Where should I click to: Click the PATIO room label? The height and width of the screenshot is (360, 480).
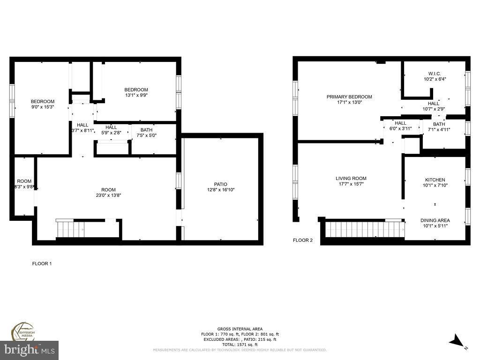coord(220,184)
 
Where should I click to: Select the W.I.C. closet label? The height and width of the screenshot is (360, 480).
coord(435,74)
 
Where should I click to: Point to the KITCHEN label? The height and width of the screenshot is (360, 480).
coord(435,180)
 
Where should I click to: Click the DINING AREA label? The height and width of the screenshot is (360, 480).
coord(435,220)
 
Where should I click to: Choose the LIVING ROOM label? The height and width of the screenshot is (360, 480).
coord(351,178)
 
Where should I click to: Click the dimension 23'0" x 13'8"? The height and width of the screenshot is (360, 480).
coord(108,195)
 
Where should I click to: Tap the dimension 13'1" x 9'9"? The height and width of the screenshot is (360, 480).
coord(136,95)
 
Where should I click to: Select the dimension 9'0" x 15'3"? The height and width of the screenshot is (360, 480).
coord(43,107)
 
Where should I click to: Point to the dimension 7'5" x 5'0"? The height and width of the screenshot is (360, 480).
coord(146,135)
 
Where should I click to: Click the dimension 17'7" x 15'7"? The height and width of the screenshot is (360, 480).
coord(351,184)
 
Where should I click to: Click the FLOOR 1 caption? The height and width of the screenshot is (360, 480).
coord(42,263)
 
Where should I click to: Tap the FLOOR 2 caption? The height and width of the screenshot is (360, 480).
coord(303,240)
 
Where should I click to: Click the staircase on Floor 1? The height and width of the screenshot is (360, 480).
coord(71,230)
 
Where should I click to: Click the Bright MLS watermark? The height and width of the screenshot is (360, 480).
coord(29,349)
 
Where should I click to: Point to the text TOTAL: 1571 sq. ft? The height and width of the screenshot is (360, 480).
coord(240,345)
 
